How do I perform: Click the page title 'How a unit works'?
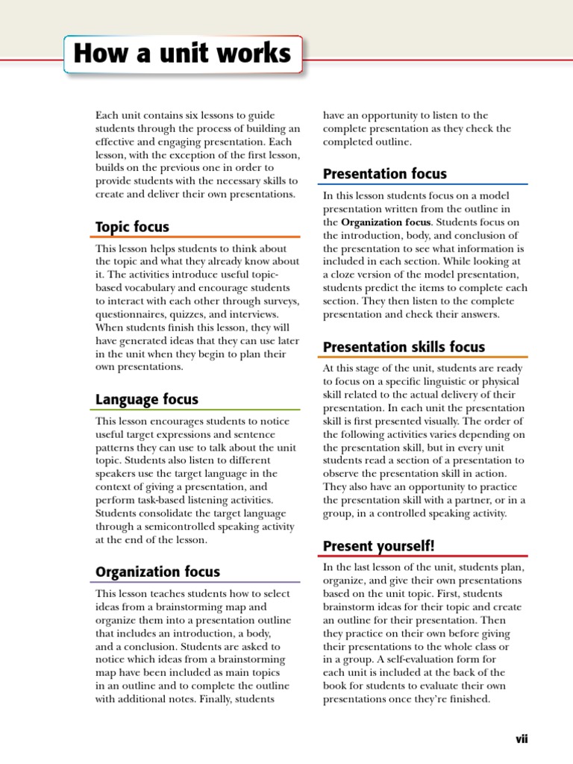click(x=183, y=54)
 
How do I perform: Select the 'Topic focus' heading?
click(x=132, y=227)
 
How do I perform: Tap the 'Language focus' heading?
click(x=146, y=399)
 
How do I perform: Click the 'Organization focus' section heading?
click(x=157, y=572)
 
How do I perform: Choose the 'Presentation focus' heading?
click(x=384, y=174)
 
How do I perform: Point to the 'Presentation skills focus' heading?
click(x=404, y=346)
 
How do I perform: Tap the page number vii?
click(x=521, y=739)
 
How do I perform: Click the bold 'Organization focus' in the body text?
click(x=386, y=222)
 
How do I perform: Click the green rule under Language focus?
click(x=198, y=410)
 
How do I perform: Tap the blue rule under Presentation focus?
click(x=425, y=184)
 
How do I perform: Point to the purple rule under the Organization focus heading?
click(x=198, y=582)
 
